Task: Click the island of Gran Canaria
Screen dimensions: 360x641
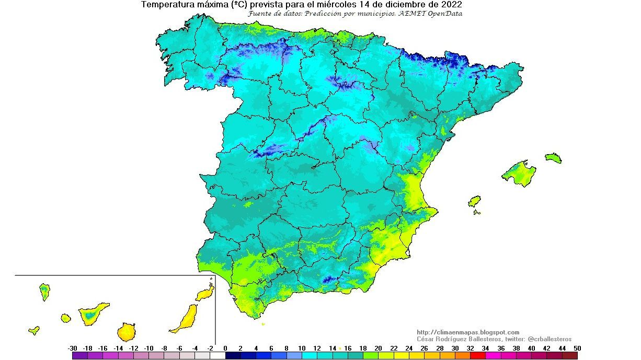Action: click(125, 331)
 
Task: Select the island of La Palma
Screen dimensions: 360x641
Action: click(44, 291)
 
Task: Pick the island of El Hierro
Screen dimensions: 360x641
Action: click(34, 330)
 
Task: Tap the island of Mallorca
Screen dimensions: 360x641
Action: click(519, 173)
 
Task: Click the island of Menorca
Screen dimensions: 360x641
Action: click(553, 158)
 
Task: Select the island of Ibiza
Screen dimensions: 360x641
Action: click(474, 201)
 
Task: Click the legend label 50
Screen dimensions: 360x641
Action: click(577, 349)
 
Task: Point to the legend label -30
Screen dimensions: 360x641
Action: click(73, 349)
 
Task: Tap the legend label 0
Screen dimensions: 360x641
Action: click(225, 349)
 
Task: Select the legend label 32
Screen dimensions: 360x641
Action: click(470, 349)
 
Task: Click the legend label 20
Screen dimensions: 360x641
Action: click(378, 349)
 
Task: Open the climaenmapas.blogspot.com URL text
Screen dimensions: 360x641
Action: click(468, 332)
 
